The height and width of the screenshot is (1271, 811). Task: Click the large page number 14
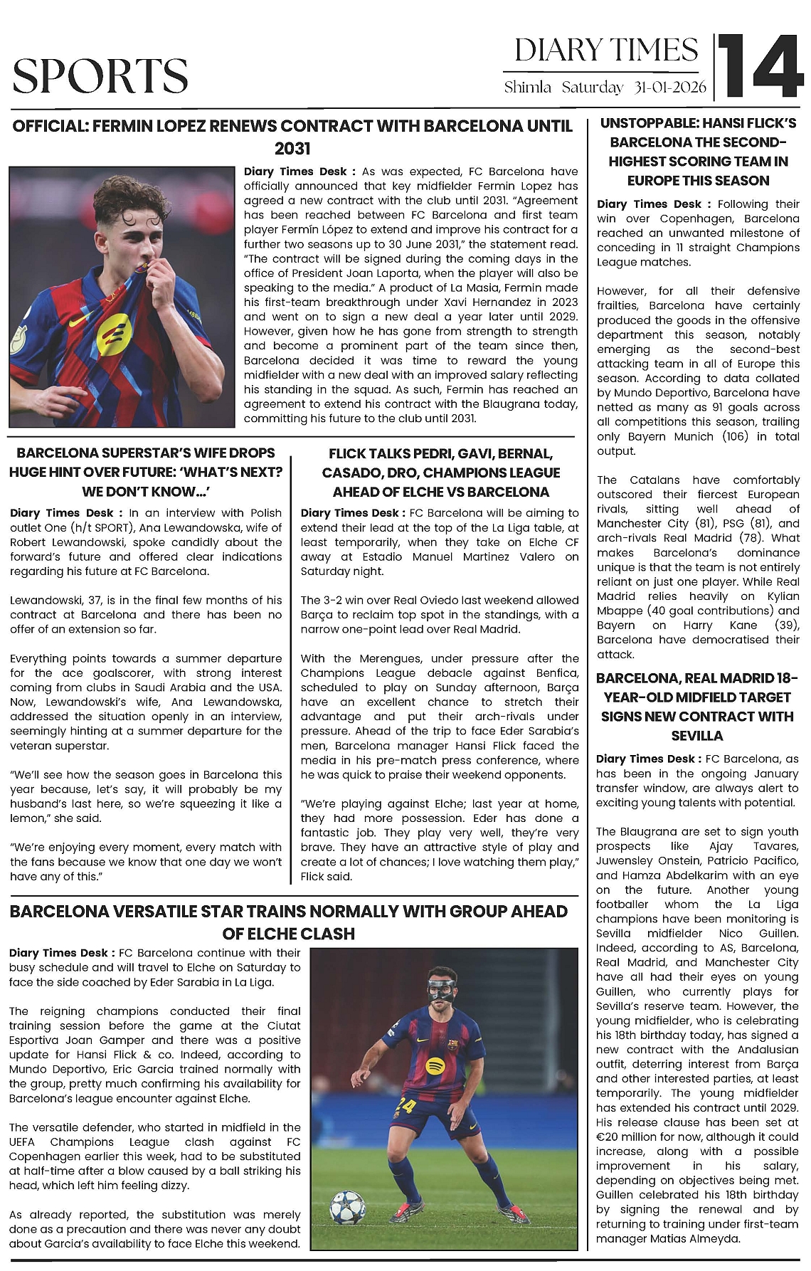(x=760, y=66)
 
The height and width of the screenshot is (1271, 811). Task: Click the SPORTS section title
(x=100, y=75)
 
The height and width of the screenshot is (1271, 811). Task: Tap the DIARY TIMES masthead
(x=606, y=51)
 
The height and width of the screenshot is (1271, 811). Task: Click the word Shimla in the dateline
(x=527, y=88)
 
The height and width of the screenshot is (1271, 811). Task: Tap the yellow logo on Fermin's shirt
(x=114, y=334)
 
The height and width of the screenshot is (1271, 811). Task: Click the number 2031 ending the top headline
(x=292, y=149)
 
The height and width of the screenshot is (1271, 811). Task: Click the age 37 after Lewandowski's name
(x=97, y=600)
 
